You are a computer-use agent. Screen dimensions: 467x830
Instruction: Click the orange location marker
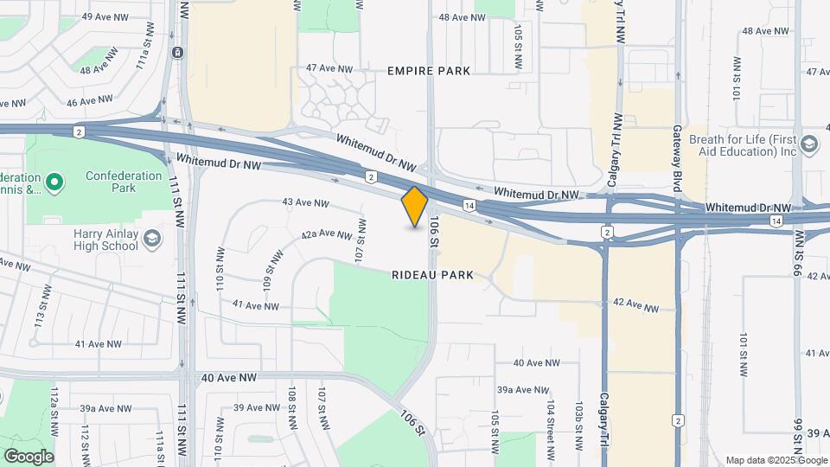coord(415,206)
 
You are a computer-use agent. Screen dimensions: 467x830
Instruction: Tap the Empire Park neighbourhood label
coord(429,71)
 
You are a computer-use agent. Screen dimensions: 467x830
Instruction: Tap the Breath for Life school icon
coord(809,144)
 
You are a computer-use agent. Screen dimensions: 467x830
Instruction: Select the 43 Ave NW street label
coord(305,203)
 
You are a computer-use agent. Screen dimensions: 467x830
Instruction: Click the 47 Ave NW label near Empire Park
coord(330,68)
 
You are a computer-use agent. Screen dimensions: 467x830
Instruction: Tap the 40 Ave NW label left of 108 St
coord(229,378)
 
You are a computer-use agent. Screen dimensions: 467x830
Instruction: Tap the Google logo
coord(29,456)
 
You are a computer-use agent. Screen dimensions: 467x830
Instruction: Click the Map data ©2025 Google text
coord(776,460)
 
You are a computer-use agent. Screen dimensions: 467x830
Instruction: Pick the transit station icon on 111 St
coord(176,52)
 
